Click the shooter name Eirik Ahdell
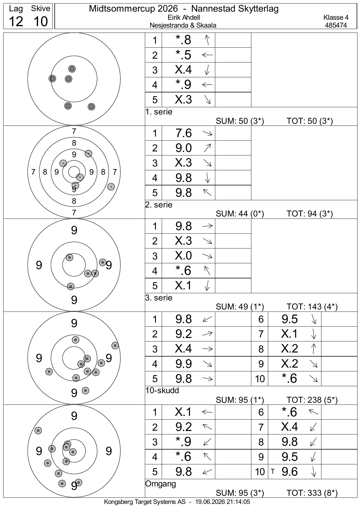(x=184, y=18)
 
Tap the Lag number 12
(x=16, y=22)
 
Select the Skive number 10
(x=40, y=22)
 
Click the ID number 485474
(x=336, y=25)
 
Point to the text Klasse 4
(x=336, y=18)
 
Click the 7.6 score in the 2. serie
(x=184, y=133)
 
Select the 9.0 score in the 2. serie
(x=184, y=148)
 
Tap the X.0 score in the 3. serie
(x=184, y=256)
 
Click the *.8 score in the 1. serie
(x=184, y=40)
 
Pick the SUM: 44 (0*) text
(x=240, y=214)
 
